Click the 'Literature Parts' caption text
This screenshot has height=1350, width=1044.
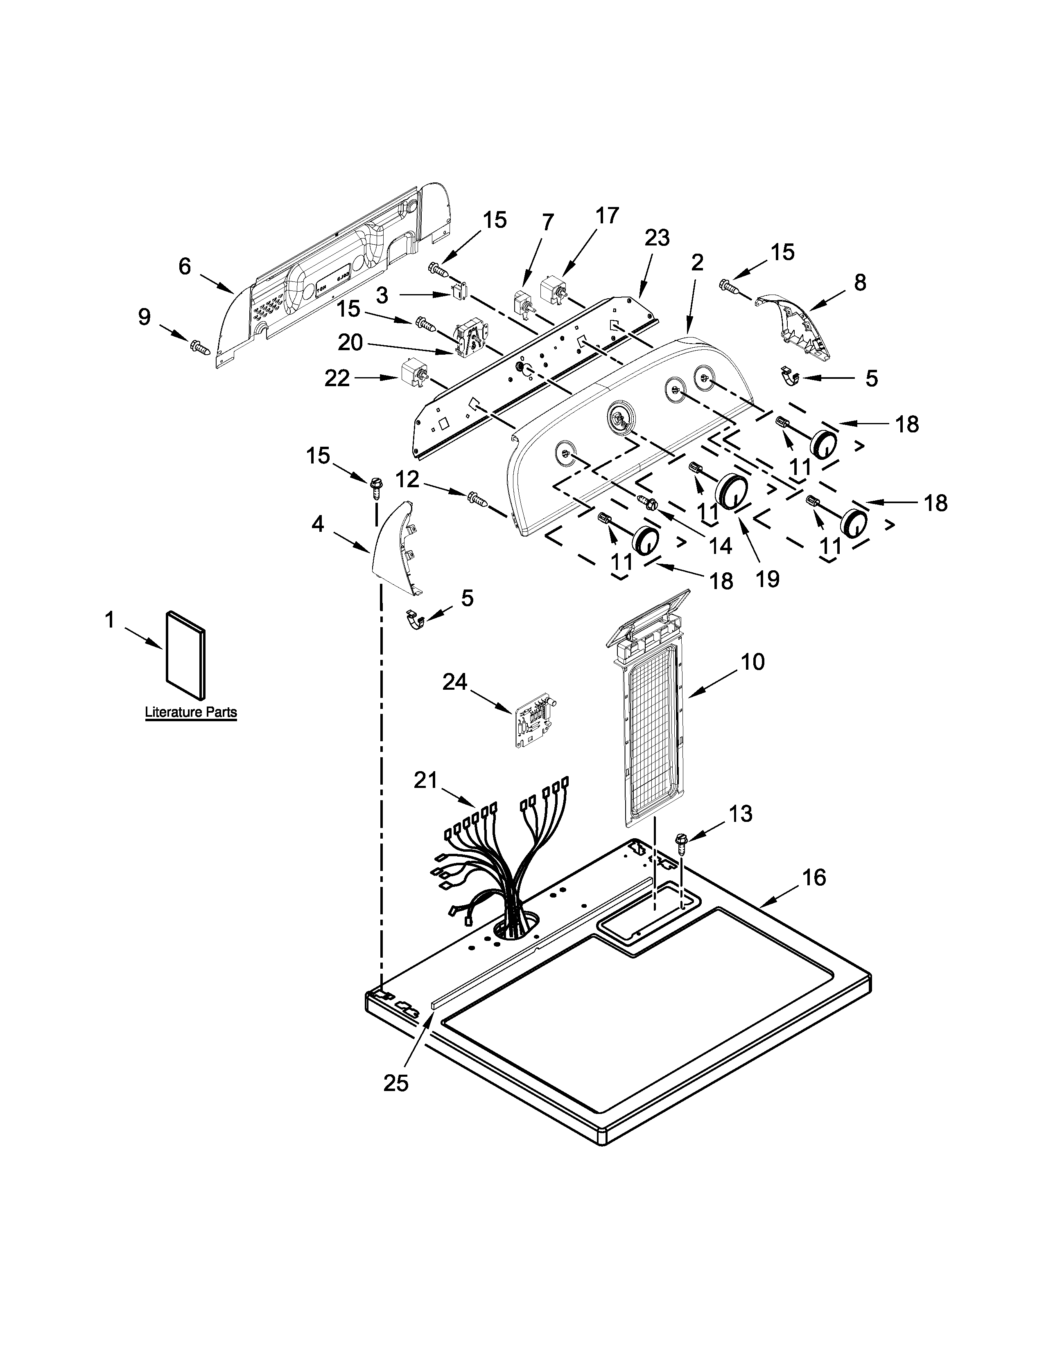pos(190,712)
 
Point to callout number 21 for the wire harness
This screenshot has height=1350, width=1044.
pos(425,780)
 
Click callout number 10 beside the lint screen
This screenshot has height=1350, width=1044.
pos(752,662)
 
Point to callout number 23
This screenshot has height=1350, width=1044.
pos(657,238)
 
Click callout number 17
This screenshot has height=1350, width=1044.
pos(607,216)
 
